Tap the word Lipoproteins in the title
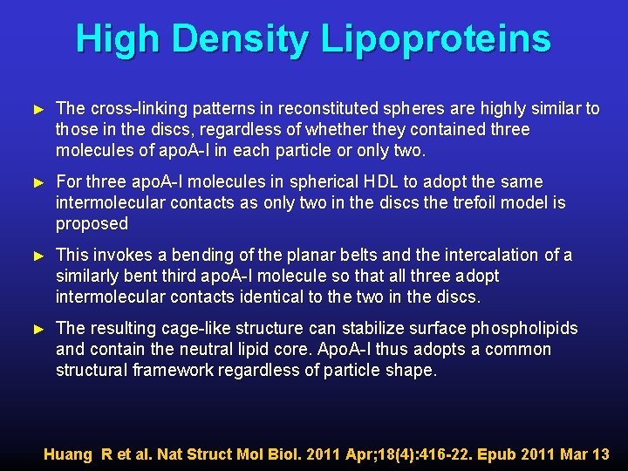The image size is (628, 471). [x=435, y=39]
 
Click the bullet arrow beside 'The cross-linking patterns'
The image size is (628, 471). [x=37, y=109]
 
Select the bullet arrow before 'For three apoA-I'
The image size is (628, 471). [x=37, y=182]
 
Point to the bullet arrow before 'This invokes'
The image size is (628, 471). [x=37, y=256]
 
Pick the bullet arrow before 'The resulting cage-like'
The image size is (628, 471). [x=37, y=329]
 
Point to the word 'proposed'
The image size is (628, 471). [x=92, y=224]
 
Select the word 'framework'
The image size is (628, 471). [x=164, y=370]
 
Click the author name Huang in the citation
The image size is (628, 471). [x=68, y=454]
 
